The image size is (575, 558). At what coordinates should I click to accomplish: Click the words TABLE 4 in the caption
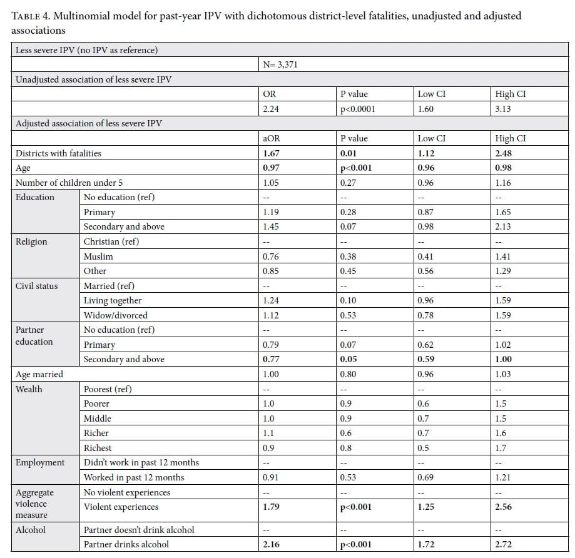[x=31, y=16]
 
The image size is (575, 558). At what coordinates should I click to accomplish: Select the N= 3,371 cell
[x=280, y=64]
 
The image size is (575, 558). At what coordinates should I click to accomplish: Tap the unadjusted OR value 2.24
[x=271, y=109]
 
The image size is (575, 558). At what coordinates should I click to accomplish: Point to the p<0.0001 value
[x=357, y=109]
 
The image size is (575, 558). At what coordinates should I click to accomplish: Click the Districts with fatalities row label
[x=58, y=153]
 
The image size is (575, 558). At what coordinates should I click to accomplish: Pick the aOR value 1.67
[x=271, y=153]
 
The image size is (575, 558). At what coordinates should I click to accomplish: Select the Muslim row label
[x=98, y=256]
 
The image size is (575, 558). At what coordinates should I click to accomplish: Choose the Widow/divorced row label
[x=116, y=315]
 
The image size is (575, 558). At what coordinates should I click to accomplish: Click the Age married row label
[x=39, y=374]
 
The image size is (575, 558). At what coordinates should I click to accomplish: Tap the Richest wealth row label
[x=98, y=448]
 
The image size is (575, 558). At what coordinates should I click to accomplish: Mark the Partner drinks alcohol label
[x=126, y=544]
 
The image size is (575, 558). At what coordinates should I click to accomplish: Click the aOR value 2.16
[x=271, y=544]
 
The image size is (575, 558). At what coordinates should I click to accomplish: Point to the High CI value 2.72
[x=503, y=544]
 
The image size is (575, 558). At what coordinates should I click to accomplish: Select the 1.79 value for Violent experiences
[x=271, y=507]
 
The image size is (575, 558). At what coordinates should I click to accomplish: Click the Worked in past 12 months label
[x=134, y=477]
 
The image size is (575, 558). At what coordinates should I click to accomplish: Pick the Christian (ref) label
[x=111, y=241]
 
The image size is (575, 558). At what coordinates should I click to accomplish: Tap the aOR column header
[x=272, y=138]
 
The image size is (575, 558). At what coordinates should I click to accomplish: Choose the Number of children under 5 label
[x=69, y=183]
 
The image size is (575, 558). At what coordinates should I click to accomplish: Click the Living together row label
[x=113, y=301]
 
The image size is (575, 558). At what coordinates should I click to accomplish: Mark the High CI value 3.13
[x=503, y=109]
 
